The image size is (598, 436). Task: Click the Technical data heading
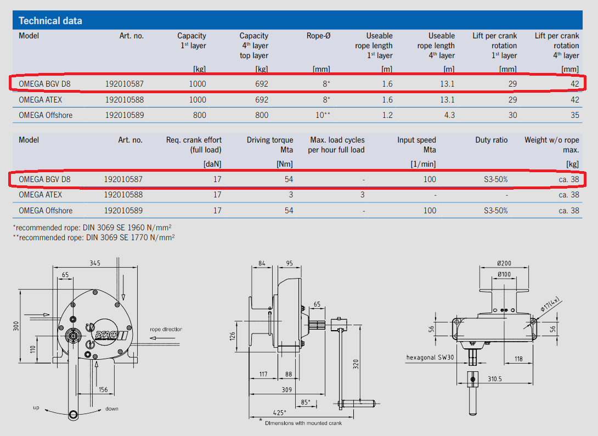[50, 21]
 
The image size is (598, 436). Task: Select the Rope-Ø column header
[318, 36]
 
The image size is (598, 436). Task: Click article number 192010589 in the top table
[124, 115]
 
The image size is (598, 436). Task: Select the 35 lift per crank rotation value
[574, 115]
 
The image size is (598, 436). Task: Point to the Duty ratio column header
[492, 140]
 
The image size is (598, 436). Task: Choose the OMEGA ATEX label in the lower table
[41, 195]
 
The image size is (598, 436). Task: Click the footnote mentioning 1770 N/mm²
[94, 237]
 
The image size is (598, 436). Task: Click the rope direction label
[166, 330]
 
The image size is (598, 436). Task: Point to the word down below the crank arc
[111, 409]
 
